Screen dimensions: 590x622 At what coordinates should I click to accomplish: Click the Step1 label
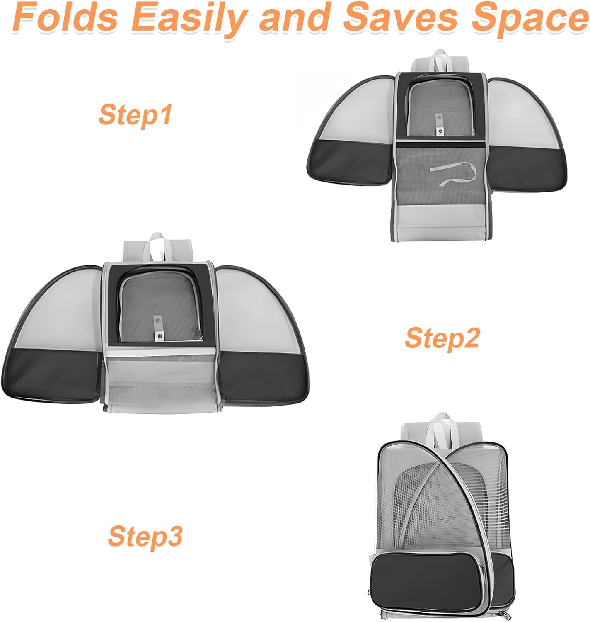pos(135,115)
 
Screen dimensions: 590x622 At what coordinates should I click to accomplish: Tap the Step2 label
pos(442,338)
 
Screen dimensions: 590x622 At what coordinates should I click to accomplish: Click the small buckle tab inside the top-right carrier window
pos(439,124)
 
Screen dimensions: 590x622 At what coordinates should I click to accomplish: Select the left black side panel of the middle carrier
pos(52,375)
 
